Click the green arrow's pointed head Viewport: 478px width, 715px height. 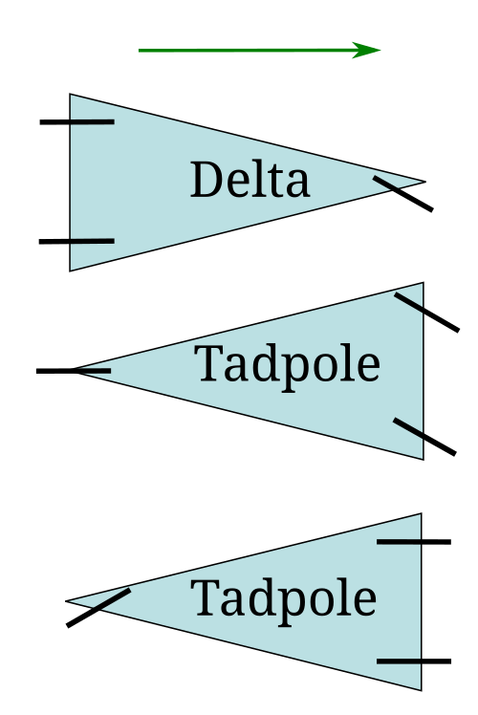click(x=380, y=50)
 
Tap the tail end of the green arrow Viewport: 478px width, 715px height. click(x=140, y=50)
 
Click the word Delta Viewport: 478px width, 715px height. click(x=250, y=179)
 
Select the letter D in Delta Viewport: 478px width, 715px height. click(x=206, y=179)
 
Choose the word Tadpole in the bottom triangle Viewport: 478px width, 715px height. click(x=283, y=599)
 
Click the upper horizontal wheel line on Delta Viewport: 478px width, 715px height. click(x=76, y=121)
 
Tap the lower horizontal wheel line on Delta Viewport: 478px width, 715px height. click(x=76, y=241)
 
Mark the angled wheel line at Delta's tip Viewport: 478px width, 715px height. click(x=403, y=194)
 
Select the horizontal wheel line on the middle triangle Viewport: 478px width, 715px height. click(x=74, y=371)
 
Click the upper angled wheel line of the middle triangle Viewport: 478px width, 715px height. click(x=427, y=313)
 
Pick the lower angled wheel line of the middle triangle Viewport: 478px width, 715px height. click(x=424, y=437)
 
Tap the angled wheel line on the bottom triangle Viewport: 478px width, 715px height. click(x=98, y=608)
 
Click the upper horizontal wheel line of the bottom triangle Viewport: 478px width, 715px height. click(x=414, y=542)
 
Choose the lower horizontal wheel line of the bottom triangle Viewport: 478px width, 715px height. click(x=414, y=661)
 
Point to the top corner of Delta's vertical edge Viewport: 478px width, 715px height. click(x=70, y=94)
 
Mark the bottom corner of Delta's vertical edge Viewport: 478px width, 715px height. click(x=70, y=271)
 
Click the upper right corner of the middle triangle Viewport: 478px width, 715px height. click(x=424, y=283)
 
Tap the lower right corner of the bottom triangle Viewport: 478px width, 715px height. click(x=422, y=690)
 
